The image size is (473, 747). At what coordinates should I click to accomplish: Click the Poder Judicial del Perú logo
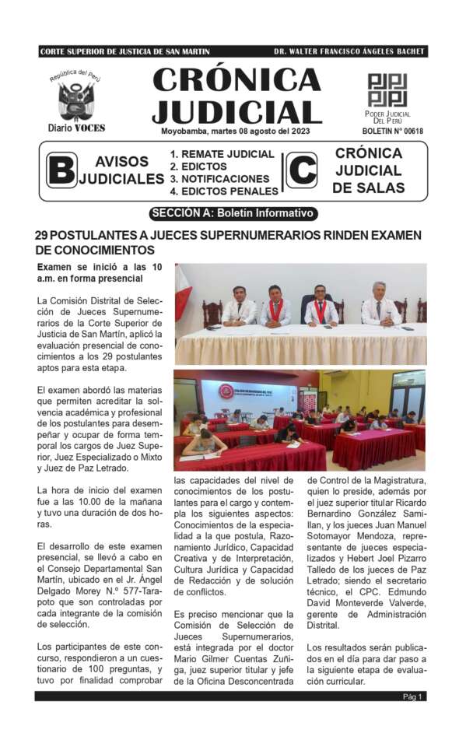(387, 90)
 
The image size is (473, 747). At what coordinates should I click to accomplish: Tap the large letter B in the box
(61, 170)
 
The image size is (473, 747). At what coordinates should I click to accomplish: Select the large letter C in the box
(301, 170)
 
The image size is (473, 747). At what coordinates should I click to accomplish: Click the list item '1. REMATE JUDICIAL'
(222, 154)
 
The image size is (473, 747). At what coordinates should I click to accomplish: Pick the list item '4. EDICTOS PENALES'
(224, 191)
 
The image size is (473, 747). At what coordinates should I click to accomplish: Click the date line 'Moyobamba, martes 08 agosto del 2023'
(235, 131)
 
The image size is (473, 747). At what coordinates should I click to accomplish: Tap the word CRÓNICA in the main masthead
(236, 79)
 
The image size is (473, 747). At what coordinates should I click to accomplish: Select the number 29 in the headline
(44, 235)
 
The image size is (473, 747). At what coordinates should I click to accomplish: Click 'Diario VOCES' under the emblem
(75, 128)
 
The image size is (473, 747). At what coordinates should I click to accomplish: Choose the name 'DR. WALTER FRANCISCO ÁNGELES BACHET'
(349, 51)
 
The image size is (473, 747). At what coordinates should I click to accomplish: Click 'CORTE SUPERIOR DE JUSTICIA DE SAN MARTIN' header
(125, 51)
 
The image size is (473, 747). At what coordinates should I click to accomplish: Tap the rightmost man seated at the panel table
(380, 304)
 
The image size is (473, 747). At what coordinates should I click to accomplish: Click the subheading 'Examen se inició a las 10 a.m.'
(90, 273)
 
